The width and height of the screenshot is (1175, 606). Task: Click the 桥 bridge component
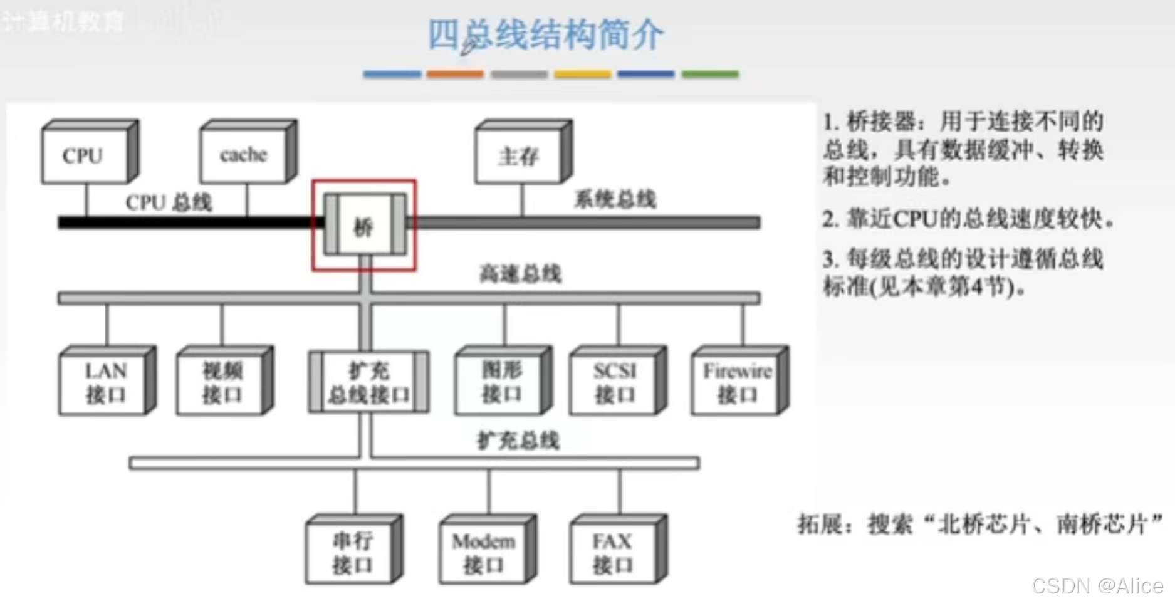tap(364, 226)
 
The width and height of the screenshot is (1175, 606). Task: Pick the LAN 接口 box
tap(104, 382)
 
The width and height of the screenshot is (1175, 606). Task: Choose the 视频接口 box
tap(221, 382)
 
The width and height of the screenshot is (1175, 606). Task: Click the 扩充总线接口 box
tap(368, 382)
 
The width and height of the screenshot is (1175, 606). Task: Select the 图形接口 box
tap(499, 382)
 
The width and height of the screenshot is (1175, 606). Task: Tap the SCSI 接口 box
tap(614, 382)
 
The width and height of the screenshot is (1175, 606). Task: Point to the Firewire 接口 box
tap(736, 382)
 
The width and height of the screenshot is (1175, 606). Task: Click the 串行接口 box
tap(351, 552)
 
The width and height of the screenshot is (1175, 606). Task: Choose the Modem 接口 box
tap(484, 552)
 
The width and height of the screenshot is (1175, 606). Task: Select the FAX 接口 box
tap(614, 552)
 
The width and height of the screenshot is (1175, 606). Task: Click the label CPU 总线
tap(169, 202)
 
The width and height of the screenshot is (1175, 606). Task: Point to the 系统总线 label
tap(615, 199)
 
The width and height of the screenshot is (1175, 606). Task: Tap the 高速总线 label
tap(520, 274)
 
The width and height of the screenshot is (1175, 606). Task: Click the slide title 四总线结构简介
tap(545, 34)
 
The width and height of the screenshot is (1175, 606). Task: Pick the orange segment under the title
tap(455, 74)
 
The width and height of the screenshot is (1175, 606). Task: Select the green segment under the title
tap(710, 74)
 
